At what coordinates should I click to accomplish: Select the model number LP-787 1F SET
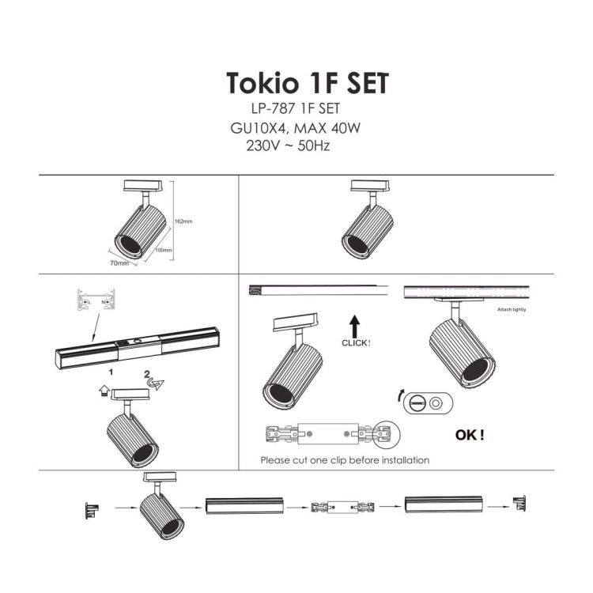tap(294, 110)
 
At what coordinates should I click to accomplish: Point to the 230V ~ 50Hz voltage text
tap(288, 146)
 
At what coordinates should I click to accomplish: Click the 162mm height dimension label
tap(183, 221)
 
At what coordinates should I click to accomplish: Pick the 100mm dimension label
tap(164, 250)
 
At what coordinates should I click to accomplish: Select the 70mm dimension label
tap(119, 263)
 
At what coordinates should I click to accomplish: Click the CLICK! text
tap(355, 343)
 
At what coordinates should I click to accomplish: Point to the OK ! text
tap(470, 434)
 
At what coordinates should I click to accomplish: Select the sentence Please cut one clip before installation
tap(345, 459)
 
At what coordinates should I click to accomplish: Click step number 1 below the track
tap(112, 370)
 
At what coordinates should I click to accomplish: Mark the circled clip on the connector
tap(386, 434)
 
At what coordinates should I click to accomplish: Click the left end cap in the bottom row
tap(91, 510)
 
